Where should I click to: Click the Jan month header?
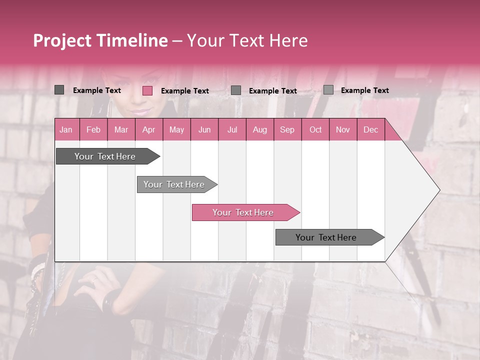click(x=66, y=130)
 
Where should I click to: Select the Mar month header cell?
click(x=121, y=130)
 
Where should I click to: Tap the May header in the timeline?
click(x=176, y=130)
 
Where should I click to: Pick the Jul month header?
click(x=232, y=130)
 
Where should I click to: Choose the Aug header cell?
click(x=259, y=130)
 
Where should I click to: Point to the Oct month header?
click(x=315, y=130)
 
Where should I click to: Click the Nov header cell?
click(x=342, y=130)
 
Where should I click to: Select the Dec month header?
click(x=370, y=130)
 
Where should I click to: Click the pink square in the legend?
click(x=147, y=90)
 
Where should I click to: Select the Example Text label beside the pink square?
click(x=184, y=91)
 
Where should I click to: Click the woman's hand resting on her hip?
click(x=95, y=282)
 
